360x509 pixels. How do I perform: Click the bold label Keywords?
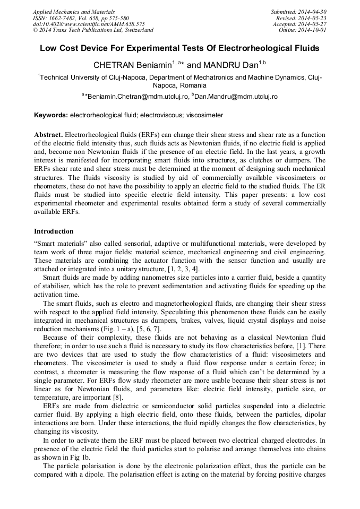click(51, 115)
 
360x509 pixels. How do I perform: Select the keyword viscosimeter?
click(205, 115)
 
